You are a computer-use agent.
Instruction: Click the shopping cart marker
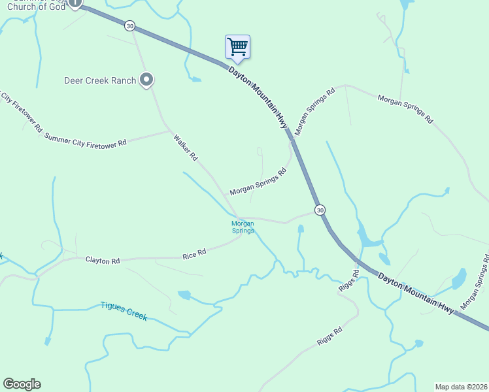pyautogui.click(x=237, y=47)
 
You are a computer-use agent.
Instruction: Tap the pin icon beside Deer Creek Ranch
pyautogui.click(x=147, y=80)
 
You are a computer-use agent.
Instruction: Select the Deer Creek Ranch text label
pyautogui.click(x=100, y=80)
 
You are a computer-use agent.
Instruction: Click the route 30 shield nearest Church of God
pyautogui.click(x=130, y=25)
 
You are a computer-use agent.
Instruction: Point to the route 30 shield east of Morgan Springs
pyautogui.click(x=319, y=210)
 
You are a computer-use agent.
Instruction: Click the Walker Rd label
pyautogui.click(x=185, y=148)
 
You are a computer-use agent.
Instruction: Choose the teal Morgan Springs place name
pyautogui.click(x=243, y=227)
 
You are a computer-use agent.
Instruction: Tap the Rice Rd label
pyautogui.click(x=194, y=252)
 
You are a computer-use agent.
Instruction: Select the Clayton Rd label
pyautogui.click(x=103, y=260)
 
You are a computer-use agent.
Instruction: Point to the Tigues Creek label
pyautogui.click(x=124, y=310)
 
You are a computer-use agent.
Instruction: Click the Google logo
pyautogui.click(x=22, y=384)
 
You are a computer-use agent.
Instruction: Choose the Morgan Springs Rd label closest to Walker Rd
pyautogui.click(x=258, y=182)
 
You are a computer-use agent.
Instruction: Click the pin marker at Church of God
pyautogui.click(x=75, y=3)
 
